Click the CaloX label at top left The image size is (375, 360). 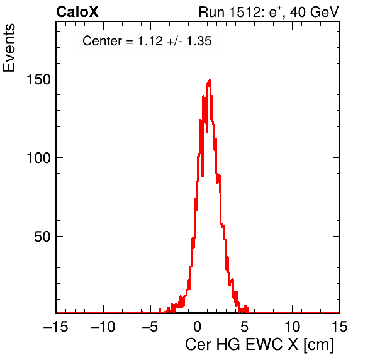tap(77, 12)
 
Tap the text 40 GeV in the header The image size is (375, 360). tap(314, 12)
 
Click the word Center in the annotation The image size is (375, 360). tap(103, 41)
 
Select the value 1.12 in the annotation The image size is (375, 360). tap(150, 41)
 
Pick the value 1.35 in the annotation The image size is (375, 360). tap(199, 41)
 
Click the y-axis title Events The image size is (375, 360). tap(9, 48)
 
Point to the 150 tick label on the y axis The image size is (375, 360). tap(38, 79)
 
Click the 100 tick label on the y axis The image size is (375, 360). tap(38, 158)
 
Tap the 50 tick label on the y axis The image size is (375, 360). tap(42, 237)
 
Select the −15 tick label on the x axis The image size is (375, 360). tap(56, 327)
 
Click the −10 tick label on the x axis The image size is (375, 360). tap(103, 327)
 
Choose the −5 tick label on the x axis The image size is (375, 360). tap(150, 327)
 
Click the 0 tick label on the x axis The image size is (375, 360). tap(198, 327)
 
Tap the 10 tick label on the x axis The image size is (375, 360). tap(292, 327)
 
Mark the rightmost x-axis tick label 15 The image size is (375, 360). tap(339, 327)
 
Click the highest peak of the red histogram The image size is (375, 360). tap(210, 81)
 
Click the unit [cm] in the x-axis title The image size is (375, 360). tap(318, 345)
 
